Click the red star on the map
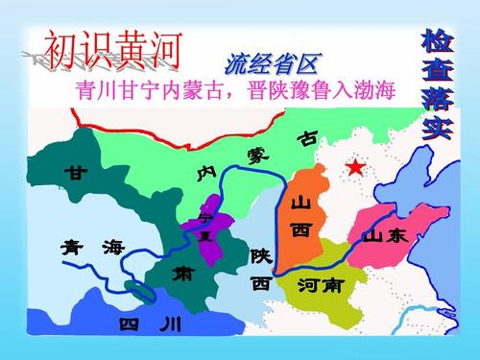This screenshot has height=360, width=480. tap(356, 169)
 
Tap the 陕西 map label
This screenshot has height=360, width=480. tap(260, 270)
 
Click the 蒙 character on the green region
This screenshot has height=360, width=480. tap(259, 155)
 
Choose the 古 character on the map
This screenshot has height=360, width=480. tap(307, 140)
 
